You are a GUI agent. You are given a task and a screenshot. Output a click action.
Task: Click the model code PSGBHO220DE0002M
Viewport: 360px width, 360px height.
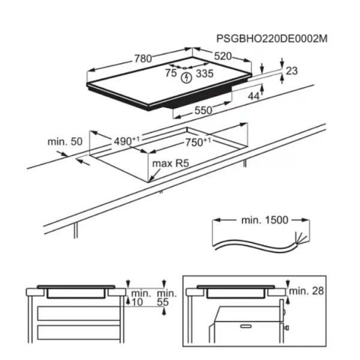click(272, 38)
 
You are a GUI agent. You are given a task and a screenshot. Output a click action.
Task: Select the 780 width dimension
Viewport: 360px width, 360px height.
click(143, 59)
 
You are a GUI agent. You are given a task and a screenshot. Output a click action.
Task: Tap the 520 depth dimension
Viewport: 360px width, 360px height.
click(223, 56)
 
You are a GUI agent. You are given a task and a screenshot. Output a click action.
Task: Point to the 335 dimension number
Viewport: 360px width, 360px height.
click(205, 73)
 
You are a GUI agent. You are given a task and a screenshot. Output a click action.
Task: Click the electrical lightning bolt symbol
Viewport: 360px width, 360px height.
click(186, 78)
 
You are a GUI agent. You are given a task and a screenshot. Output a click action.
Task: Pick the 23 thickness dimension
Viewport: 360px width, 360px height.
click(292, 71)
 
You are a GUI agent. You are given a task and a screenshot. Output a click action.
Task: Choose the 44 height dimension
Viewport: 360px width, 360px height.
click(254, 97)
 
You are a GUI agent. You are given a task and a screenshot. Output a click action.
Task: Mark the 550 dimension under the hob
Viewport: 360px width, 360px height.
click(203, 110)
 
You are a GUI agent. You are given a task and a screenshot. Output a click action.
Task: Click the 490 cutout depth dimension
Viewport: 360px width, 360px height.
click(127, 141)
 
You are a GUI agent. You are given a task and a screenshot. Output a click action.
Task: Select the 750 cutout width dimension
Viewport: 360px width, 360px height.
click(198, 142)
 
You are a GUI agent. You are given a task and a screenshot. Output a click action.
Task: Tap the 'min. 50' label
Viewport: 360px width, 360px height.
click(65, 142)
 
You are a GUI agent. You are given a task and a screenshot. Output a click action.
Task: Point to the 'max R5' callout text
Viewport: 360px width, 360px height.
click(170, 163)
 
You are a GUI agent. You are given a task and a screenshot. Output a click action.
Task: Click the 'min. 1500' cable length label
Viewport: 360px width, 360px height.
click(265, 220)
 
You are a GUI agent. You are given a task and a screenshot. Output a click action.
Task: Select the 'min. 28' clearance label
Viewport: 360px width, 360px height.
click(306, 291)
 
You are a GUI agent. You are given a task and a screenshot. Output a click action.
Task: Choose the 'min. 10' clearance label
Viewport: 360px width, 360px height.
click(141, 298)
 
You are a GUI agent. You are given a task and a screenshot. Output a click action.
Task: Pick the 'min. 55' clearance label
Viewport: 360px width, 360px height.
click(167, 298)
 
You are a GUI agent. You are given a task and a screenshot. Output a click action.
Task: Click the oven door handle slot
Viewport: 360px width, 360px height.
click(246, 326)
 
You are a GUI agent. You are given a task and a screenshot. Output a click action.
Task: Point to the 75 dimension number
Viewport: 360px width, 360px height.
click(171, 73)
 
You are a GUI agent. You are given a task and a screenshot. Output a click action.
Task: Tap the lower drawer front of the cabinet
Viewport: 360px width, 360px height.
click(79, 332)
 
